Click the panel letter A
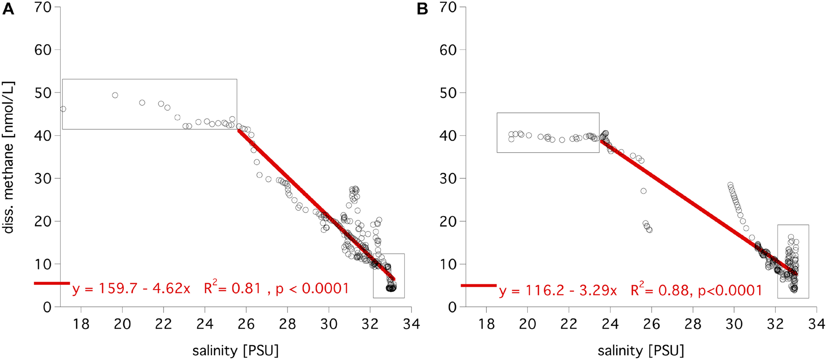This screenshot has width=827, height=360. pyautogui.click(x=8, y=9)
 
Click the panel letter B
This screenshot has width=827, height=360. pyautogui.click(x=422, y=9)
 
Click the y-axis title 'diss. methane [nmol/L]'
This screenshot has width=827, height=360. pyautogui.click(x=9, y=157)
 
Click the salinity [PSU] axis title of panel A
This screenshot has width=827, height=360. pyautogui.click(x=235, y=350)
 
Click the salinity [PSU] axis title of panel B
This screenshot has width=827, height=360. pyautogui.click(x=641, y=350)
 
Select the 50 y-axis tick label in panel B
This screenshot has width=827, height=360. pyautogui.click(x=449, y=93)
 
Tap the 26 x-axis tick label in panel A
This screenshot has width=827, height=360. pyautogui.click(x=246, y=324)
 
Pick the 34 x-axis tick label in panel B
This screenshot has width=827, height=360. pyautogui.click(x=816, y=324)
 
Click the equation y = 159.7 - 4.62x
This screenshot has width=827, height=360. pyautogui.click(x=131, y=289)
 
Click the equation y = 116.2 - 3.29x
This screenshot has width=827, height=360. pyautogui.click(x=558, y=291)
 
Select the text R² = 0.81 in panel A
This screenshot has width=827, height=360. pyautogui.click(x=232, y=288)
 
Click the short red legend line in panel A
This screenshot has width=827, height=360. pyautogui.click(x=51, y=283)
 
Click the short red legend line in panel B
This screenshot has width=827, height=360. pyautogui.click(x=478, y=285)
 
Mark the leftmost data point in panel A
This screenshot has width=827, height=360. pyautogui.click(x=63, y=109)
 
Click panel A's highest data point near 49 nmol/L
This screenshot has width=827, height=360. pyautogui.click(x=115, y=95)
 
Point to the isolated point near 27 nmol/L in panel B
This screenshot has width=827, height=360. pyautogui.click(x=643, y=191)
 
